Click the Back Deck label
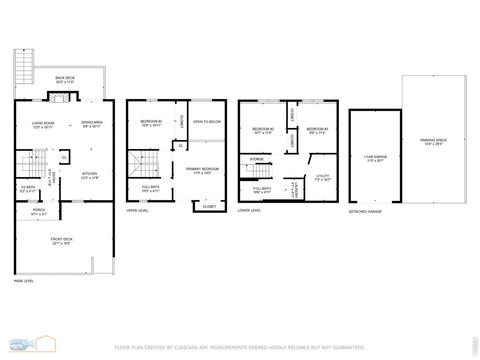pos(66,80)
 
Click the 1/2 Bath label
pos(28,188)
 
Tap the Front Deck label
pos(62,241)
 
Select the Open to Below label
pos(206,122)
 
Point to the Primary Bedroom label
pos(202,170)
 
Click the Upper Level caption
pos(137,210)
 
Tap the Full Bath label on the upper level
pos(151,187)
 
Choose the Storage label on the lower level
pos(257,158)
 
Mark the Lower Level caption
pos(249,210)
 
